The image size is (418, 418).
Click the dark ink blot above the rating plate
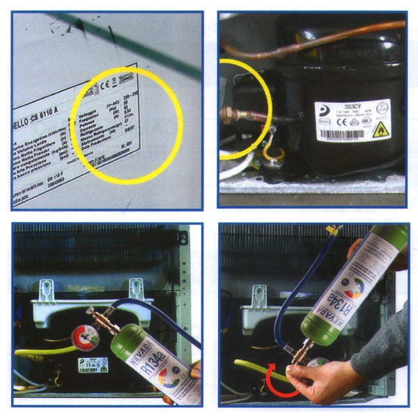pyautogui.click(x=79, y=26)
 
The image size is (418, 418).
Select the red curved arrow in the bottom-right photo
pyautogui.click(x=277, y=382)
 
